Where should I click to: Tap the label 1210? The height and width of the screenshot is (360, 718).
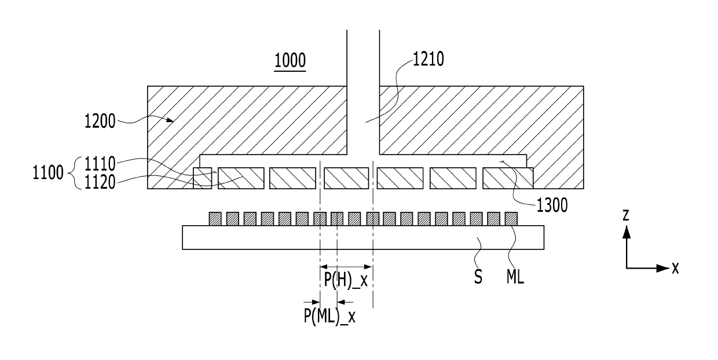point(428,60)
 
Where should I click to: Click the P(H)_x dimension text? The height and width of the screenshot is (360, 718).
point(346,281)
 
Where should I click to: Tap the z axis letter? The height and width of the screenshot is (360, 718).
point(625,216)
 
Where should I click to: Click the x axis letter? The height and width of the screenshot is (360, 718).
point(675,268)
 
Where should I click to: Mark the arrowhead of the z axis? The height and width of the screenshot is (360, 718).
point(626,232)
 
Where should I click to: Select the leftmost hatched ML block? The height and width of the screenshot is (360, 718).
point(215,219)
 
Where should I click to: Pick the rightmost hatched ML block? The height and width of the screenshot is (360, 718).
point(511,219)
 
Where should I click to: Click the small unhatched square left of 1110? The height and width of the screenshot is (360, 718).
point(202,178)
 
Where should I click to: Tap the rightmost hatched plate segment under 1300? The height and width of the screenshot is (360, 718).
point(507,178)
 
